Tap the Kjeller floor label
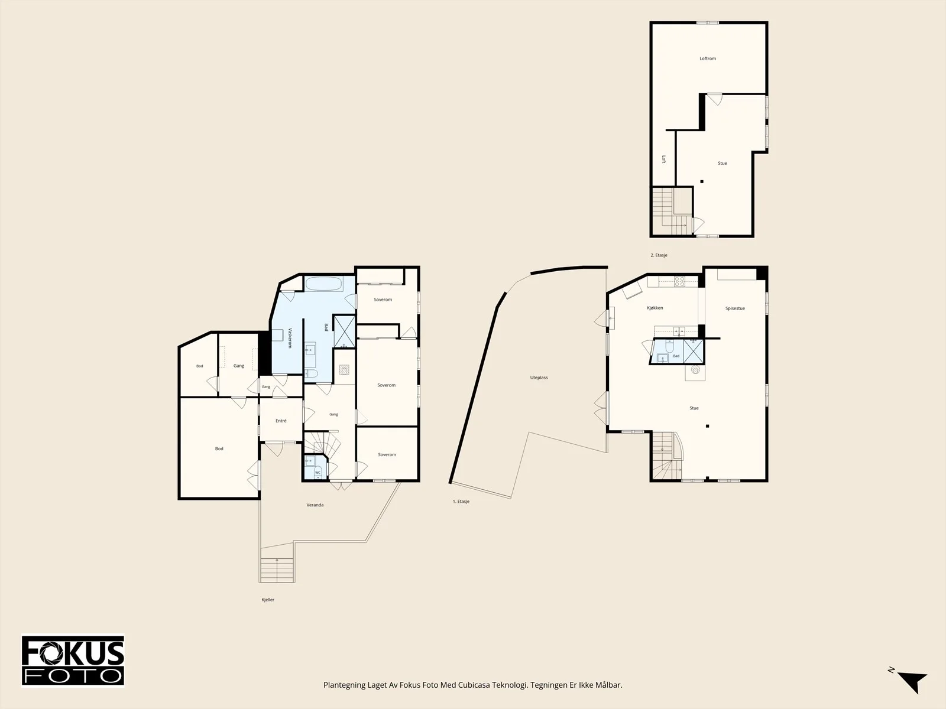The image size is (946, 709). point(268,600)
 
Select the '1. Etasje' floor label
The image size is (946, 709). point(461,502)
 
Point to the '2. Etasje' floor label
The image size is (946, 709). point(659,255)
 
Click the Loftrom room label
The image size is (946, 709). point(708,58)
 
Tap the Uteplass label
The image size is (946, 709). point(539,378)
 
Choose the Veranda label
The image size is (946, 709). point(315,505)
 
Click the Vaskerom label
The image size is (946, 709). point(290,338)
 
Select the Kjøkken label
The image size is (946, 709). point(655,308)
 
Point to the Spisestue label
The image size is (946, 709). point(735,308)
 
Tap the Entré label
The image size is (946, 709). point(281,421)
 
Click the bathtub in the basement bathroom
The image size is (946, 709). point(324,284)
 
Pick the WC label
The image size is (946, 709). point(318,473)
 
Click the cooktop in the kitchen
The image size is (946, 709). point(680,282)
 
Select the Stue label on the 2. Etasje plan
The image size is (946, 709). point(723,163)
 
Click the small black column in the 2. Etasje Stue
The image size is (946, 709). point(702,181)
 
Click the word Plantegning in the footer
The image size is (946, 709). point(344,685)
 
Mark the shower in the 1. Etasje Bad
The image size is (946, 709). point(693,352)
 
